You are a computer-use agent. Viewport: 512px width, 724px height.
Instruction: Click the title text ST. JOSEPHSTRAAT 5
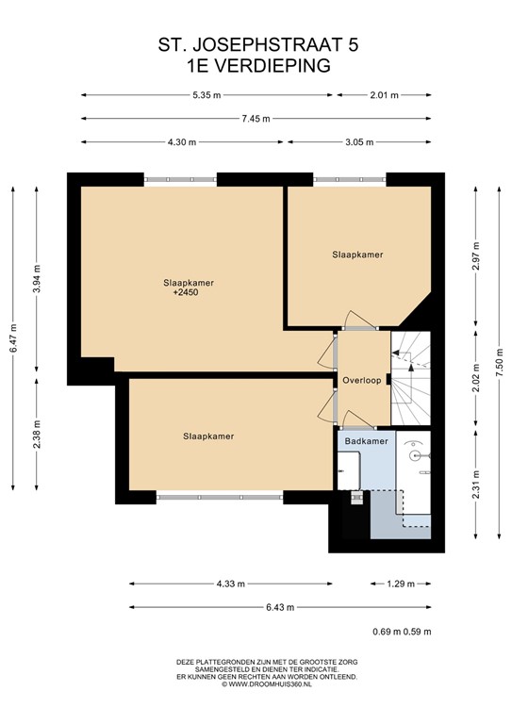pos(256,44)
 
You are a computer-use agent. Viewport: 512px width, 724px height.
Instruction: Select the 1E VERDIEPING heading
pos(256,65)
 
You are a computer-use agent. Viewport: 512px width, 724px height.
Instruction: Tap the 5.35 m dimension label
pos(206,94)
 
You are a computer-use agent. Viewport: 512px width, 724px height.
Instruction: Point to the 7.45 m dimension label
pos(256,118)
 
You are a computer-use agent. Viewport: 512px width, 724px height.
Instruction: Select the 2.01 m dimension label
pos(384,94)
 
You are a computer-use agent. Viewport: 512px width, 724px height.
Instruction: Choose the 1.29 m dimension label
pos(401,584)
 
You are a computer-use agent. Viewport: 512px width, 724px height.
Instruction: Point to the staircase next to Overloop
pos(411,377)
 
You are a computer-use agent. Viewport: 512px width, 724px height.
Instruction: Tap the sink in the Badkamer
pos(416,454)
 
